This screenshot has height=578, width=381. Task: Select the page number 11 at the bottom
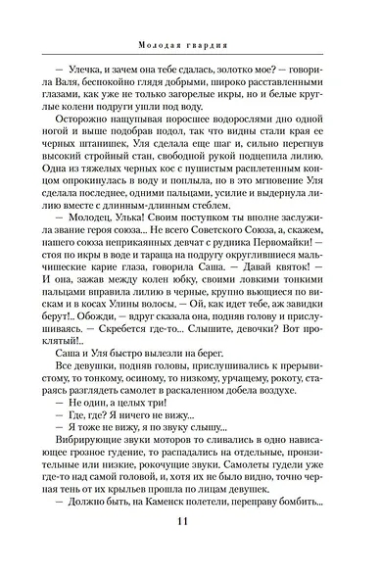[190, 548]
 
